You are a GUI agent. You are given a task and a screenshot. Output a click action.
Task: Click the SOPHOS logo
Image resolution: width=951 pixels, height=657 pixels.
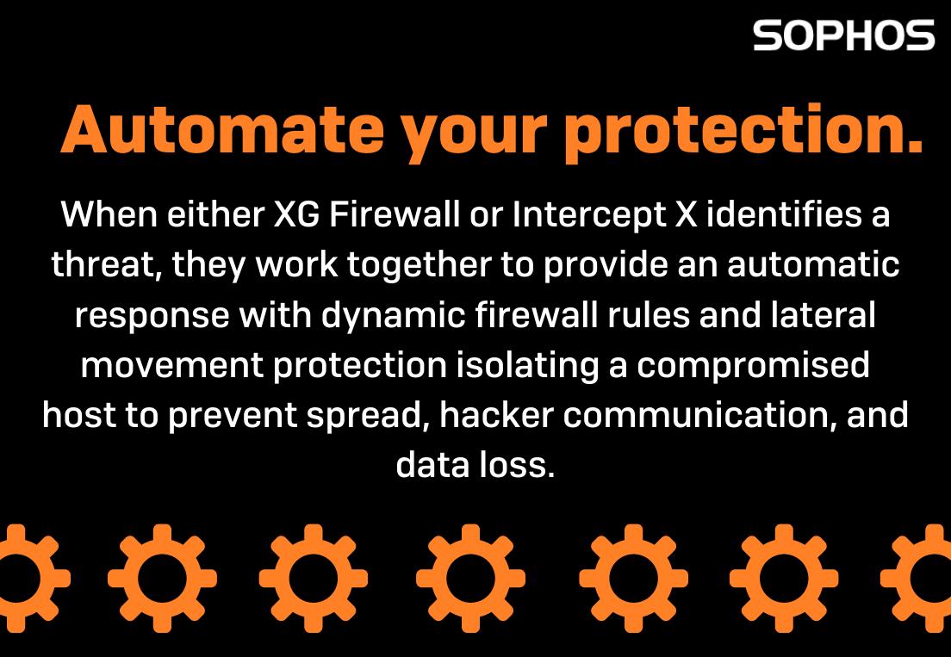point(843,35)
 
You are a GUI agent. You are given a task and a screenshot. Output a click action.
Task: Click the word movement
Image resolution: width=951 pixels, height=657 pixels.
point(172,365)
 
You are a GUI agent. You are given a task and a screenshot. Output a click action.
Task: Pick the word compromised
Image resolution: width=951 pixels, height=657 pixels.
point(753,365)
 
